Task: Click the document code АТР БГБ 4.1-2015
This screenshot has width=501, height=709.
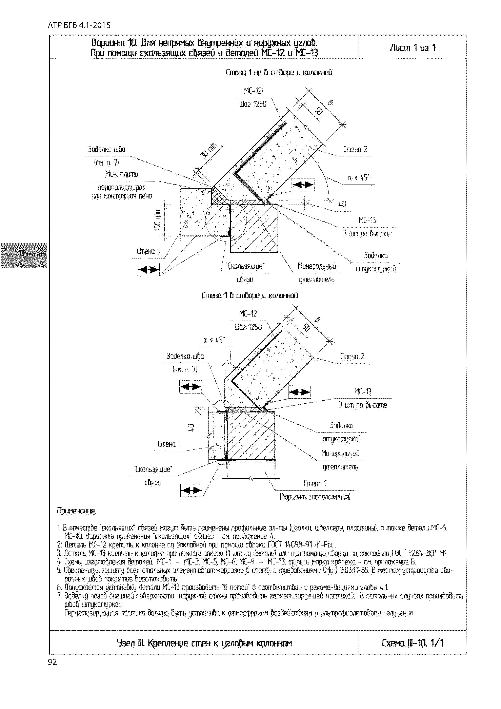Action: (x=79, y=25)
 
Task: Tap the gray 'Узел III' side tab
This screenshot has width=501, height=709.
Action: (x=24, y=255)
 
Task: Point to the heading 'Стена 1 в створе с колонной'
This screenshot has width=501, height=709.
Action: (x=249, y=295)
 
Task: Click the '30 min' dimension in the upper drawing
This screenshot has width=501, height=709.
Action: (x=208, y=150)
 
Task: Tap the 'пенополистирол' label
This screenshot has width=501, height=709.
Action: (x=122, y=187)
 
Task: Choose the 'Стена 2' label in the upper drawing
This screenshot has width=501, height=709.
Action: (x=355, y=149)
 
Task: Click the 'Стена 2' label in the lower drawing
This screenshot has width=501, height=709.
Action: (x=352, y=356)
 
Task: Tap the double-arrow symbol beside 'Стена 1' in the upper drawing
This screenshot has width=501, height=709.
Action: (x=148, y=270)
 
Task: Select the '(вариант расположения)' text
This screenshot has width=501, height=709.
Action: (x=315, y=497)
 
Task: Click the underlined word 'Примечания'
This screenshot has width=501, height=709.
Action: (x=76, y=511)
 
